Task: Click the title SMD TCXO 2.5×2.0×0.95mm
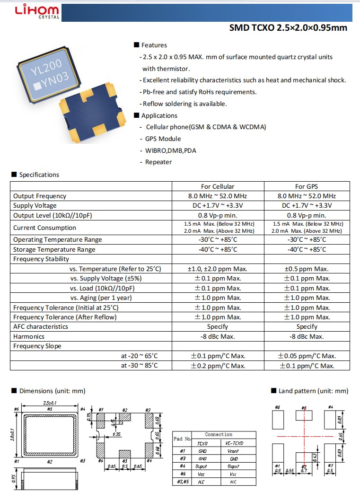pos(288,27)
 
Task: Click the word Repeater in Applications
pos(158,162)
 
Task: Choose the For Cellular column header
pos(218,186)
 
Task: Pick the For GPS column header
pos(307,186)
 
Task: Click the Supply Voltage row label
pos(35,205)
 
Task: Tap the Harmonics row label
pos(29,336)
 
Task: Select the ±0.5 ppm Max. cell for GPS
pos(307,269)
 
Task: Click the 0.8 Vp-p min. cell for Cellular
pos(218,215)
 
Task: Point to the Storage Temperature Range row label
pos(54,249)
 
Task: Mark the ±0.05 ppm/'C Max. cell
pos(307,356)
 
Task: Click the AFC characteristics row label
pos(41,326)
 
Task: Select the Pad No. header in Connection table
pos(182,439)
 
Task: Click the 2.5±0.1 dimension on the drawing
pos(50,403)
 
